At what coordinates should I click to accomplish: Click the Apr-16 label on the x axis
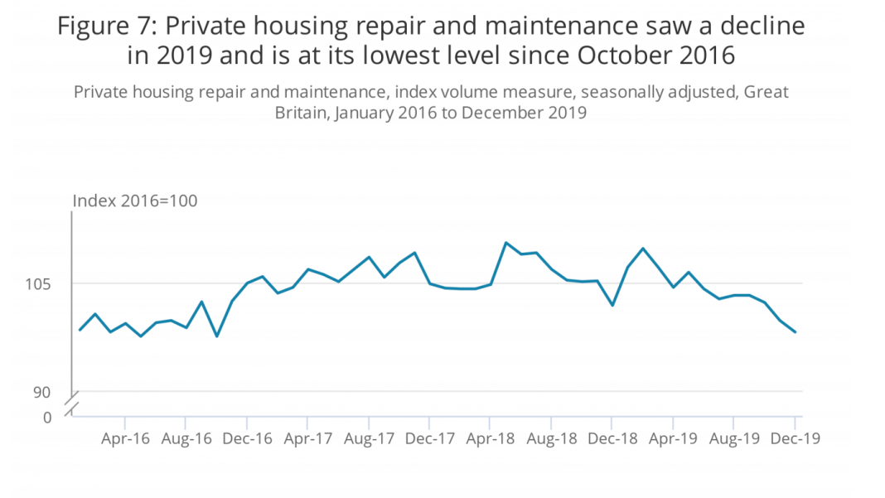pyautogui.click(x=125, y=438)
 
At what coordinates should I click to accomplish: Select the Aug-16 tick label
pyautogui.click(x=186, y=438)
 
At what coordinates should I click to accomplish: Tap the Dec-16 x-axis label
pyautogui.click(x=247, y=438)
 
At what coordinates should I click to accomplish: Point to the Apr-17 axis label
pyautogui.click(x=307, y=438)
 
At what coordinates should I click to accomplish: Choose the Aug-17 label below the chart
pyautogui.click(x=369, y=438)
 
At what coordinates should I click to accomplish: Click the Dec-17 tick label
pyautogui.click(x=430, y=438)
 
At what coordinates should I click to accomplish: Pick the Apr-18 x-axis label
pyautogui.click(x=491, y=438)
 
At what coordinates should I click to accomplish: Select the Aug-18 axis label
pyautogui.click(x=552, y=438)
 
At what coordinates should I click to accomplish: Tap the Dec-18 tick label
pyautogui.click(x=612, y=438)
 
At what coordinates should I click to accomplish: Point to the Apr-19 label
pyautogui.click(x=673, y=438)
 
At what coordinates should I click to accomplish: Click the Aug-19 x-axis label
pyautogui.click(x=734, y=438)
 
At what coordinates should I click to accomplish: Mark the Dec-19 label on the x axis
pyautogui.click(x=795, y=438)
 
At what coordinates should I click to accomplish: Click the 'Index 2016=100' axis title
pyautogui.click(x=135, y=201)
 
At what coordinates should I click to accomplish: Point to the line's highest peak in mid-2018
pyautogui.click(x=506, y=243)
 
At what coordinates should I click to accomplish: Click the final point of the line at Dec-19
pyautogui.click(x=796, y=332)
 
